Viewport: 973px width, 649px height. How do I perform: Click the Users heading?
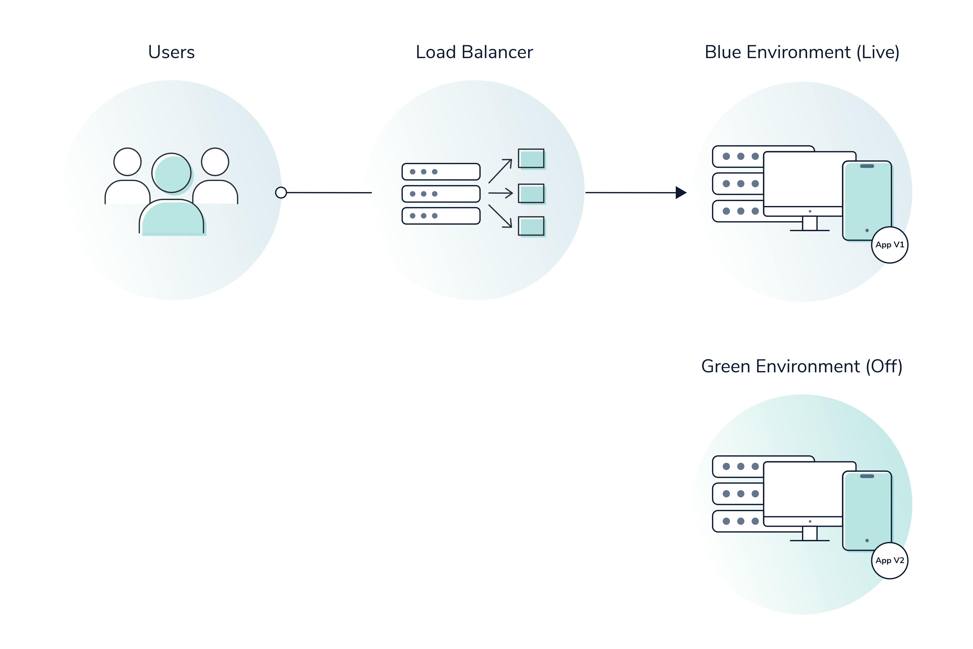pyautogui.click(x=171, y=52)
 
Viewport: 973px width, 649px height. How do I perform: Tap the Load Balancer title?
pyautogui.click(x=474, y=52)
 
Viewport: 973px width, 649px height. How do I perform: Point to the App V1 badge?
pyautogui.click(x=889, y=245)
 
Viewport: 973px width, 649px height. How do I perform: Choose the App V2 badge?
pyautogui.click(x=889, y=561)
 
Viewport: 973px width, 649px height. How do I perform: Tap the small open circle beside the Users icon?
pyautogui.click(x=281, y=193)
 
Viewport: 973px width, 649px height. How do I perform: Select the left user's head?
pyautogui.click(x=128, y=162)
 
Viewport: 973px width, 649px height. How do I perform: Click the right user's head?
pyautogui.click(x=215, y=162)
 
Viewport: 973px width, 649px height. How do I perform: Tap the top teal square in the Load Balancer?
pyautogui.click(x=531, y=159)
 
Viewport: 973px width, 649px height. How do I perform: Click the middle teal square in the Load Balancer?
pyautogui.click(x=531, y=193)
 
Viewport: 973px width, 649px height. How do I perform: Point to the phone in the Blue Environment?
pyautogui.click(x=867, y=201)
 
